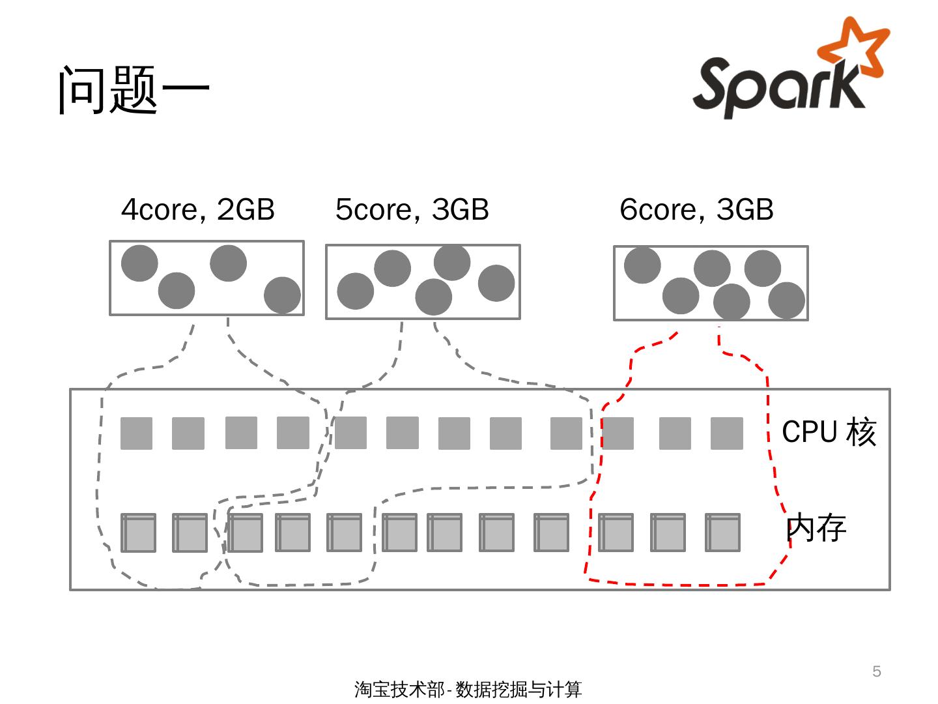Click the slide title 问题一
134,89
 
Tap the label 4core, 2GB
198,209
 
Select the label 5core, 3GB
412,209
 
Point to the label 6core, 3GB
696,209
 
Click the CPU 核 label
829,432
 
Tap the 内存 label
816,527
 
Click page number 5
877,671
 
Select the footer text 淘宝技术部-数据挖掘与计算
468,689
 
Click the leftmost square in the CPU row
137,433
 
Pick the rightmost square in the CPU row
726,433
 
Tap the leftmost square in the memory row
138,533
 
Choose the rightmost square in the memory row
722,533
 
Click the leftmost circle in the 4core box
139,263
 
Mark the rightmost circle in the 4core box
282,295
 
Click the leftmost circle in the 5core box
356,291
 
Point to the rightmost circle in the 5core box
496,283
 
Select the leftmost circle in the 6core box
642,265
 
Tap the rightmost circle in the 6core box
786,300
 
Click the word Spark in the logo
775,88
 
